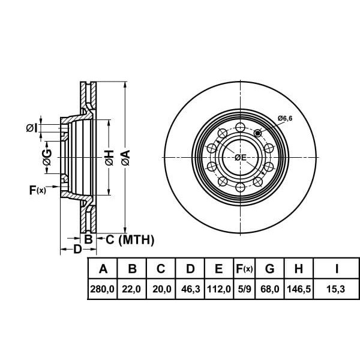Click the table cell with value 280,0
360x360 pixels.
click(103, 289)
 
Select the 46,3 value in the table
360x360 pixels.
click(190, 289)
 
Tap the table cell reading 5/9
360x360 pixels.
click(245, 289)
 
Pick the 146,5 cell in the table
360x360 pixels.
click(299, 289)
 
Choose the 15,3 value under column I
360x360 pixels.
click(335, 289)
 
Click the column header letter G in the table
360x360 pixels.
click(269, 268)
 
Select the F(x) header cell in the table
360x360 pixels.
click(245, 268)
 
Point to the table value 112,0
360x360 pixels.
click(219, 289)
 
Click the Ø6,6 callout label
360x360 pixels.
click(285, 118)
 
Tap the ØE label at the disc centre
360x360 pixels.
click(241, 157)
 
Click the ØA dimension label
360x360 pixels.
click(125, 158)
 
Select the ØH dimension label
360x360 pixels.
click(109, 158)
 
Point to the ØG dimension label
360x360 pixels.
click(47, 157)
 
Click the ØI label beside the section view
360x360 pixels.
click(31, 128)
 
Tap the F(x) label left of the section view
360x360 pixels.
click(38, 190)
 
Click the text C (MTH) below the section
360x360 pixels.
click(130, 239)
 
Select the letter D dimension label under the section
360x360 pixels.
click(77, 249)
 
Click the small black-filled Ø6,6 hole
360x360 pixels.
click(257, 133)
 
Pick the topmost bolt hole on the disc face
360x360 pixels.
click(241, 127)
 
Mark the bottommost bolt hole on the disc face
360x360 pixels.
click(241, 187)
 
